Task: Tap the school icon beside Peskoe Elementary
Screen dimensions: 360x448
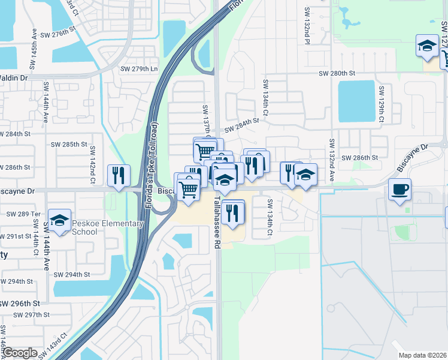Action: tap(59, 221)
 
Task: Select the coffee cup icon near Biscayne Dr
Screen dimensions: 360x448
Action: tap(399, 190)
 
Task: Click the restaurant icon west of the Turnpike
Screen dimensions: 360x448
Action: tap(118, 175)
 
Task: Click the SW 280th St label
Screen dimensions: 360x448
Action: tap(338, 73)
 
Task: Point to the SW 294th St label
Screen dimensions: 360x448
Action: tap(71, 274)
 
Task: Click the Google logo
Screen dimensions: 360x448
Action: tap(20, 353)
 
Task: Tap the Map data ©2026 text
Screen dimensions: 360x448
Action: tap(422, 355)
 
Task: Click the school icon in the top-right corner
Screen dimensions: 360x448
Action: tap(426, 46)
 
